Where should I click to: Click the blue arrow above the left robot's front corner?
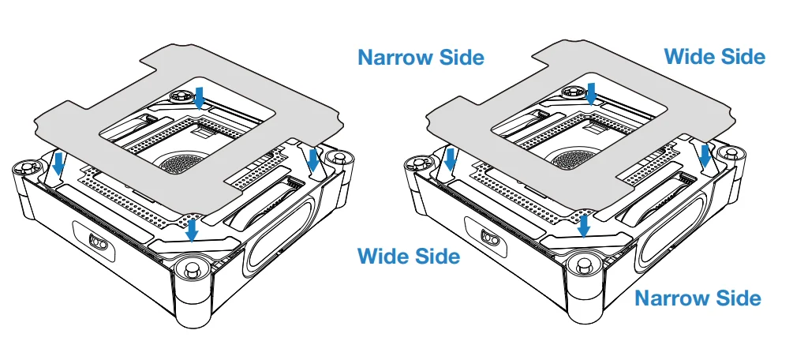pyautogui.click(x=193, y=230)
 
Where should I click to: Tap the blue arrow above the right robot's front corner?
pyautogui.click(x=584, y=226)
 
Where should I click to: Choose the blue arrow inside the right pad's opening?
pyautogui.click(x=592, y=93)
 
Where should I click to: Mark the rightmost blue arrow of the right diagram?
pyautogui.click(x=705, y=156)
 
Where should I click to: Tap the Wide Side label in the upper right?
pyautogui.click(x=714, y=56)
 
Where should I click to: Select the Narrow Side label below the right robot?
pyautogui.click(x=698, y=298)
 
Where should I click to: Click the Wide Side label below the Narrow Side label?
pyautogui.click(x=409, y=256)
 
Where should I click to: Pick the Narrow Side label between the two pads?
pyautogui.click(x=421, y=58)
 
